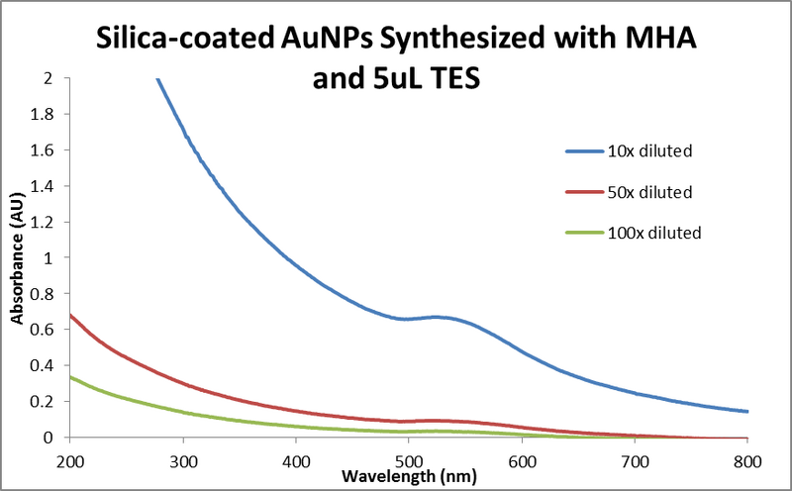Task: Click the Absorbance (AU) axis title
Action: [17, 257]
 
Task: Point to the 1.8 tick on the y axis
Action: [46, 114]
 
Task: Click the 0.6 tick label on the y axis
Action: [46, 330]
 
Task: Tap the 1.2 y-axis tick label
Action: [46, 222]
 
